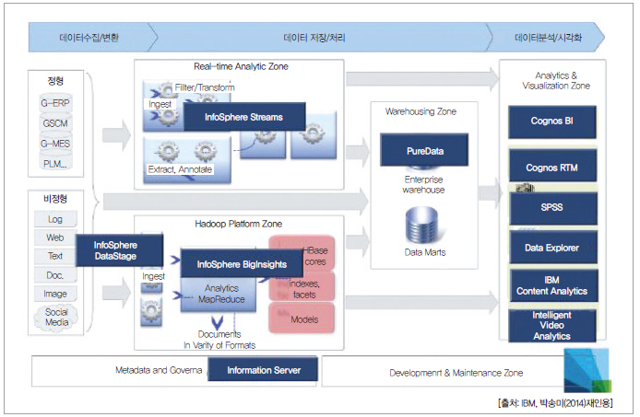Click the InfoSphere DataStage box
(116, 250)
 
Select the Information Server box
(264, 373)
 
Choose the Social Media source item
(56, 318)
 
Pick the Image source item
(55, 294)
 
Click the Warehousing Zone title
(421, 111)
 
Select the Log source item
(55, 219)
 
